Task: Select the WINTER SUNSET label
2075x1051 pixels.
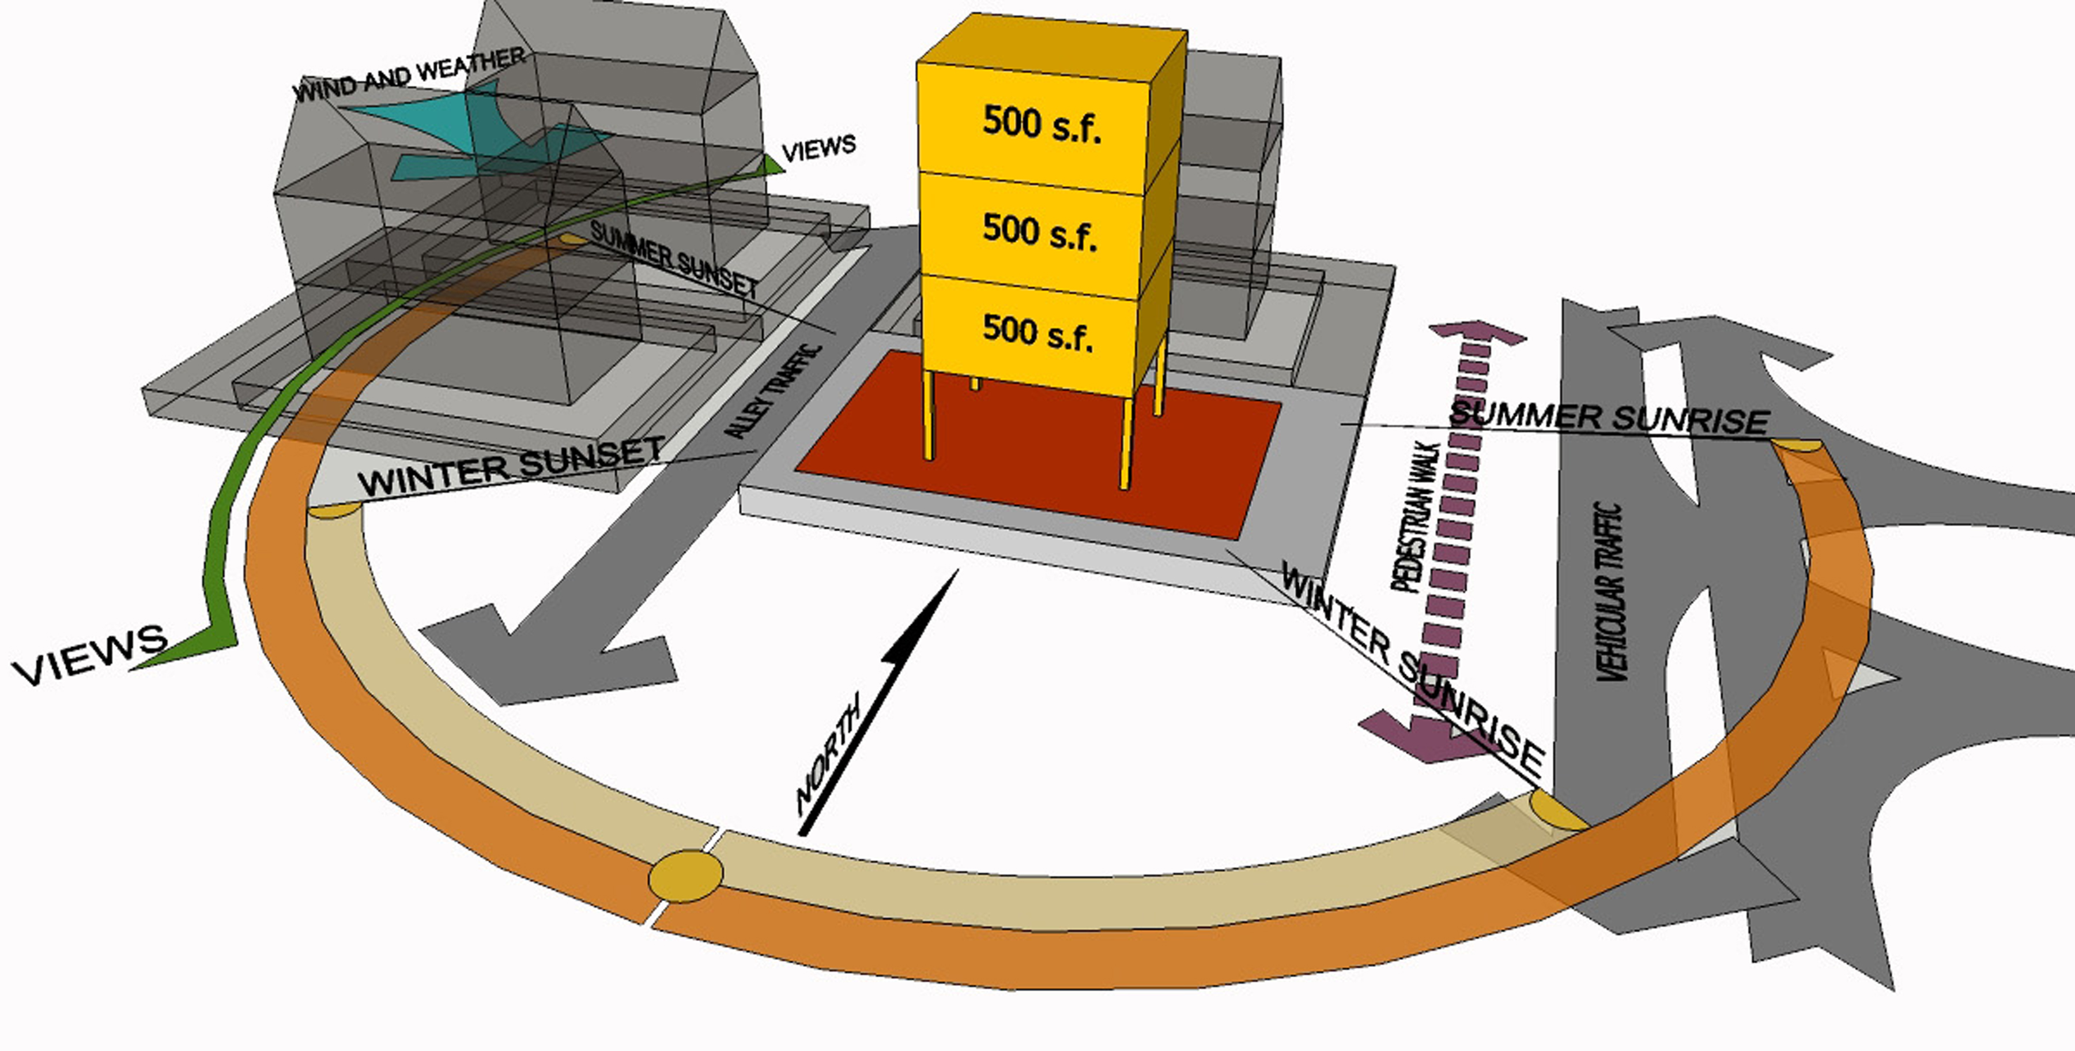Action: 511,467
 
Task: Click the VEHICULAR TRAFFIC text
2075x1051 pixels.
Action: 1609,592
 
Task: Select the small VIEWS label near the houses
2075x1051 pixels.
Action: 818,148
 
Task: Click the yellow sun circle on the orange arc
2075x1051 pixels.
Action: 685,875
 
